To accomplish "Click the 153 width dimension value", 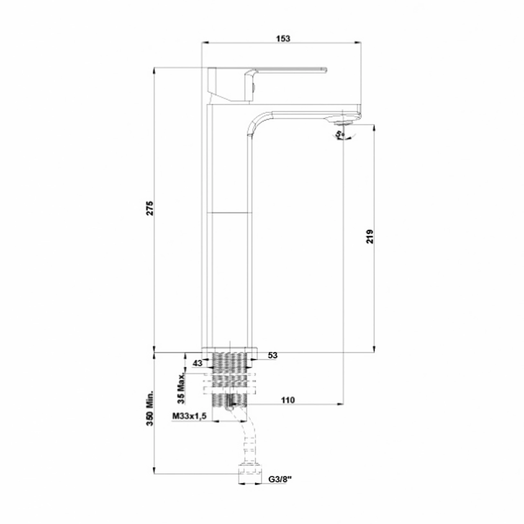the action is (283, 38).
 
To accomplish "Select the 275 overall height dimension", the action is (150, 208).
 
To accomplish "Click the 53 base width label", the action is (273, 355).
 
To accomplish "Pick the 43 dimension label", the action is (198, 363).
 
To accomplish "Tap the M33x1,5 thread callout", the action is (190, 416).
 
